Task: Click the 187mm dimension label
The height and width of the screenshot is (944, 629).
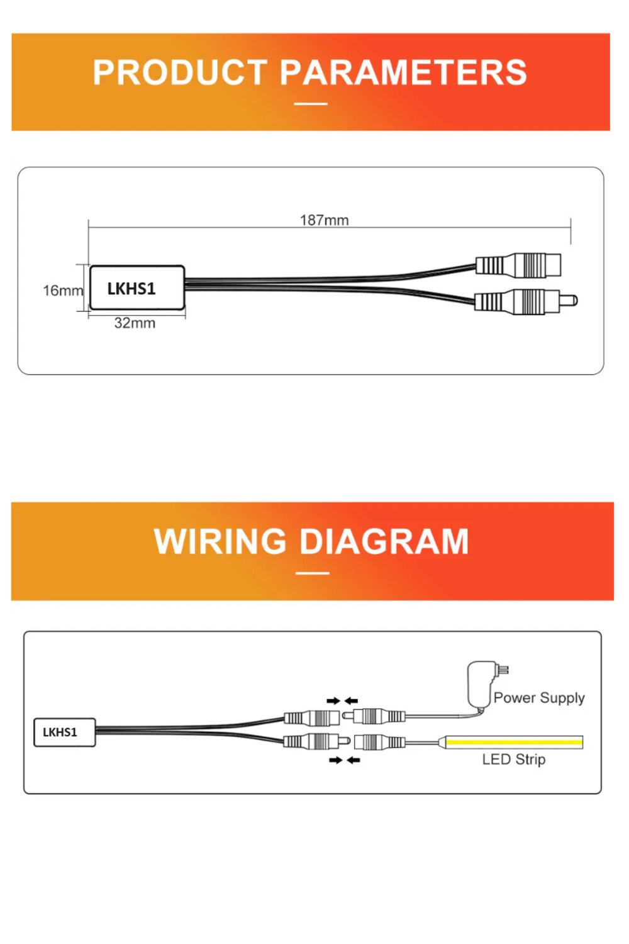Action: click(x=324, y=220)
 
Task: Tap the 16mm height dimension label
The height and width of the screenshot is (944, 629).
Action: click(x=63, y=290)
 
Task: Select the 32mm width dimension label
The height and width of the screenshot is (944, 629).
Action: click(x=135, y=323)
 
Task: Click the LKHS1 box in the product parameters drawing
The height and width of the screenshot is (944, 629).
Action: click(x=137, y=288)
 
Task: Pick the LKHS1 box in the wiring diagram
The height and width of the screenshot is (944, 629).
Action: click(x=64, y=733)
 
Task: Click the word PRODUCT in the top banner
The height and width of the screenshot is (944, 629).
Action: click(x=181, y=72)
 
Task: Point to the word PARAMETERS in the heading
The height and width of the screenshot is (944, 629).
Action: click(x=403, y=72)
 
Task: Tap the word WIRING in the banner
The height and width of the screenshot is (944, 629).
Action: click(x=220, y=541)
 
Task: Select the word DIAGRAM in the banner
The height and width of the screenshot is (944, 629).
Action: click(x=384, y=541)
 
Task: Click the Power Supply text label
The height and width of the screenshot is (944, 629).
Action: click(x=539, y=698)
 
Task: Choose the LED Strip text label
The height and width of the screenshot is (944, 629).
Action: click(x=513, y=760)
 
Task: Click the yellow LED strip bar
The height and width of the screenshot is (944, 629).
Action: click(x=515, y=742)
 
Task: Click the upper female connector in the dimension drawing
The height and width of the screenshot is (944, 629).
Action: click(x=519, y=265)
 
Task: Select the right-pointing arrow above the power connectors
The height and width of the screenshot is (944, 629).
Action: click(x=333, y=701)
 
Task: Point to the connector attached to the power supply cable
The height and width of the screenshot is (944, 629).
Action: click(x=374, y=715)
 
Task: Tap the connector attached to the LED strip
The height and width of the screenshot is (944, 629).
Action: click(x=379, y=742)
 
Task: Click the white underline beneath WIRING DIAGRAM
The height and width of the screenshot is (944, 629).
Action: click(x=312, y=573)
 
